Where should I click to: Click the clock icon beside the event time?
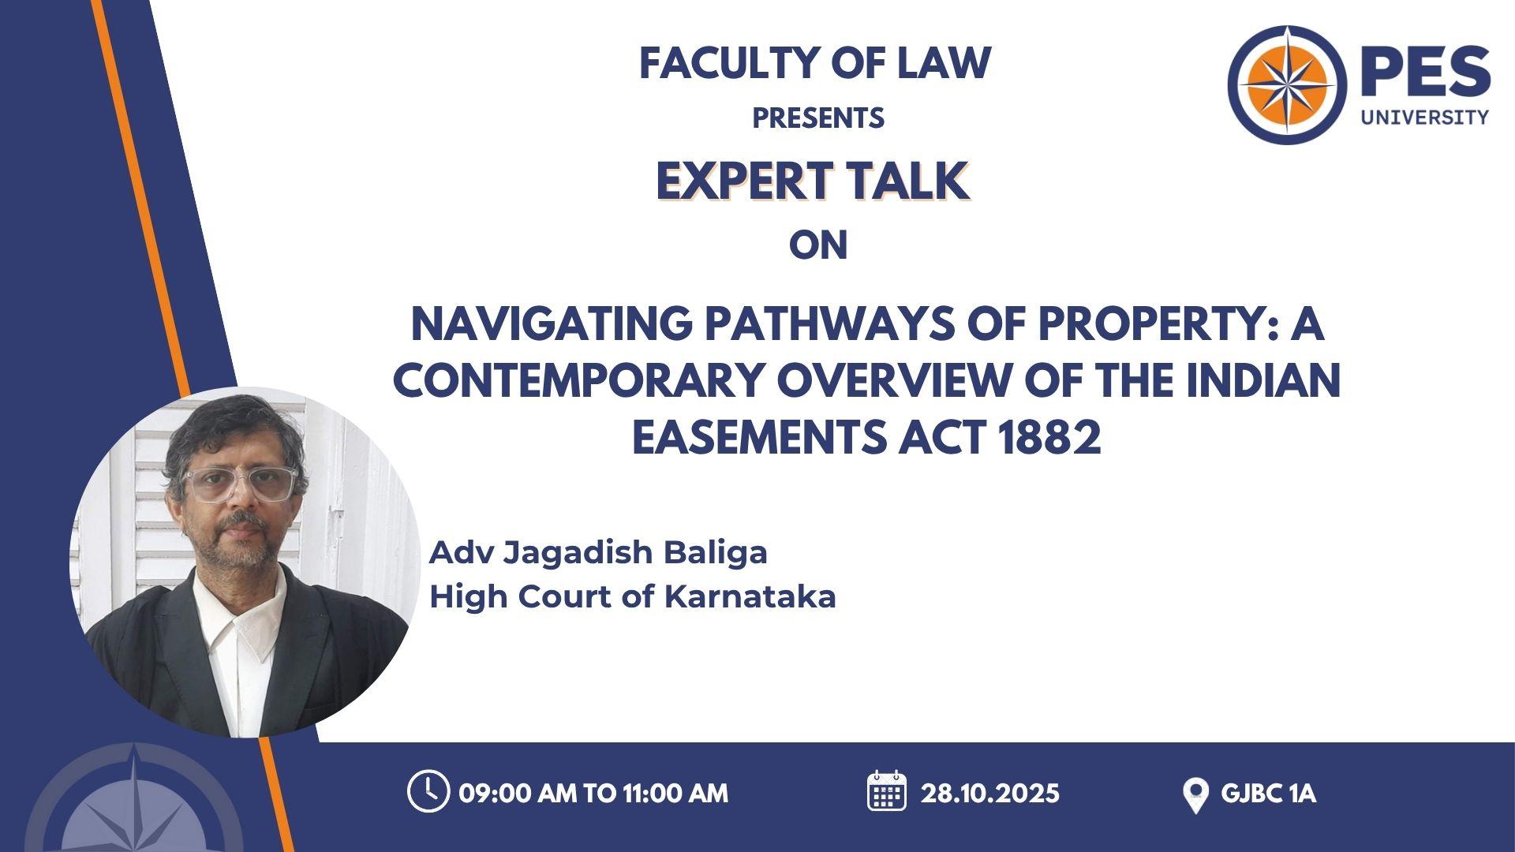click(x=428, y=791)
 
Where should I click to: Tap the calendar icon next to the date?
click(x=887, y=790)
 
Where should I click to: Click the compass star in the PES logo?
click(x=1287, y=84)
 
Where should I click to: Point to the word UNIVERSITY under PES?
click(x=1424, y=117)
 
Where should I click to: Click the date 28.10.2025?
click(x=989, y=793)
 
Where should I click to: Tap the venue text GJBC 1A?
click(x=1268, y=793)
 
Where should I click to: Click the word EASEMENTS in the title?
click(x=761, y=438)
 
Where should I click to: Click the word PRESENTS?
click(x=818, y=118)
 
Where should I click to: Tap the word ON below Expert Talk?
click(x=818, y=245)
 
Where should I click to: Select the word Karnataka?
click(x=750, y=596)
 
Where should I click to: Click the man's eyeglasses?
click(x=239, y=483)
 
